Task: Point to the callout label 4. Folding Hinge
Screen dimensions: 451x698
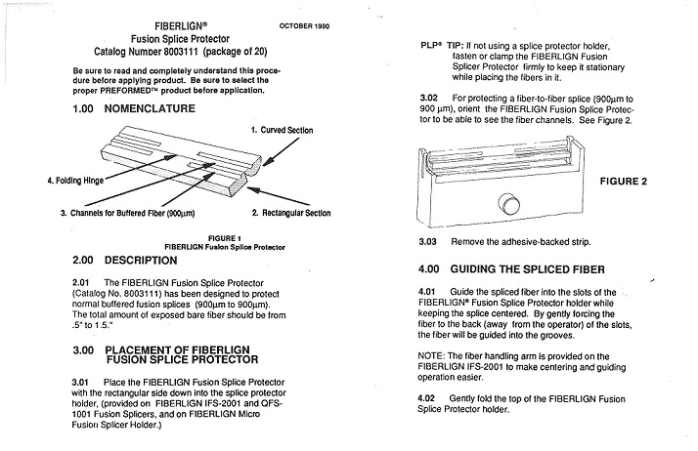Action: pyautogui.click(x=51, y=181)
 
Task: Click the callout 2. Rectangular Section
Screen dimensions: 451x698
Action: pyautogui.click(x=290, y=213)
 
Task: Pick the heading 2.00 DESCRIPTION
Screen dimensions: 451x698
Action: pyautogui.click(x=125, y=262)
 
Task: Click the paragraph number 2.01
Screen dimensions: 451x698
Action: pyautogui.click(x=84, y=281)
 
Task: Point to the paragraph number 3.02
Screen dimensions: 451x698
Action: pyautogui.click(x=428, y=98)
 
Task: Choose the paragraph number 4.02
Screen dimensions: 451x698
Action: pyautogui.click(x=428, y=398)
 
